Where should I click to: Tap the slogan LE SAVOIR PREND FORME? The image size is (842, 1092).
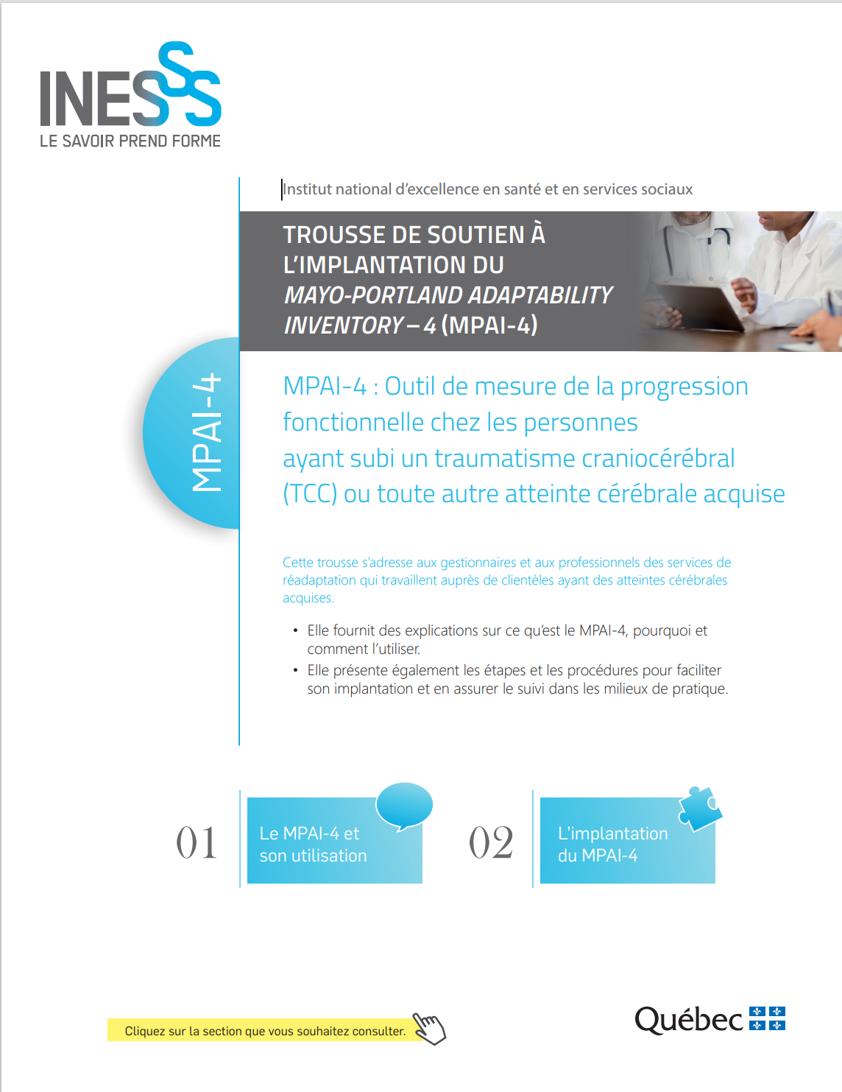click(130, 141)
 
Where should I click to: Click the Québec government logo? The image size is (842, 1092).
click(710, 1020)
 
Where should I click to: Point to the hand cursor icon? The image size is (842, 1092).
click(429, 1028)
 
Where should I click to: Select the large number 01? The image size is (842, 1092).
click(197, 842)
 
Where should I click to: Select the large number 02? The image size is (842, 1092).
click(491, 842)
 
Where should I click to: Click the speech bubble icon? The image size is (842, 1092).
click(403, 806)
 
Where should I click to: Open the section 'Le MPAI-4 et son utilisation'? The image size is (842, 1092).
click(334, 840)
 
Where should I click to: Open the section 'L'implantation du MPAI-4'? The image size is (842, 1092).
click(627, 840)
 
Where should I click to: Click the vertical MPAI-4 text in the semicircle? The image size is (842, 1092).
click(206, 432)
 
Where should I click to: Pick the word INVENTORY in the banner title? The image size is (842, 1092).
click(344, 325)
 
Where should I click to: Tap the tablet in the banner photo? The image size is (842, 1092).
click(700, 305)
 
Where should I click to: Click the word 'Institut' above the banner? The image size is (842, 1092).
click(307, 189)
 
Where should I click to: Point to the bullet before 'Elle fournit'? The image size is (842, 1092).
click(296, 630)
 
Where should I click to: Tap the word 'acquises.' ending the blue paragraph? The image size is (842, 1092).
click(308, 598)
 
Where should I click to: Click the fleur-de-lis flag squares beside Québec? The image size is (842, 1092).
click(767, 1018)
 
